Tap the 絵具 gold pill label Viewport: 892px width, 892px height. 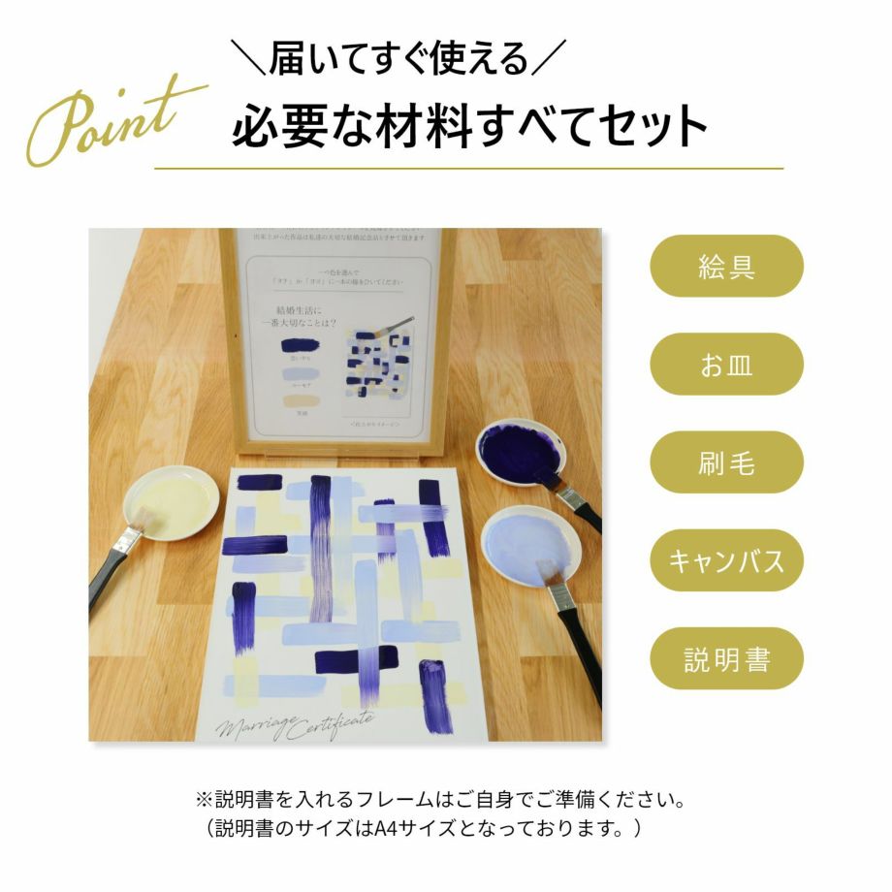(x=726, y=267)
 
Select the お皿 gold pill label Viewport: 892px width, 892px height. (x=726, y=365)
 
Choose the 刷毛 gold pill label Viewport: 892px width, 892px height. (x=726, y=462)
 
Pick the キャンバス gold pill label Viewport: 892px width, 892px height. (x=726, y=560)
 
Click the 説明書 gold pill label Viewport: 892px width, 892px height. (x=726, y=659)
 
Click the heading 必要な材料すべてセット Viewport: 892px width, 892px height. (x=469, y=126)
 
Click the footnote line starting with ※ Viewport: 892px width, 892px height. (x=441, y=802)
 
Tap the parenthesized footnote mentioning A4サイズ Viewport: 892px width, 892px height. (x=427, y=830)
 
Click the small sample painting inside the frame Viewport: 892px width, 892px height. (x=378, y=368)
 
